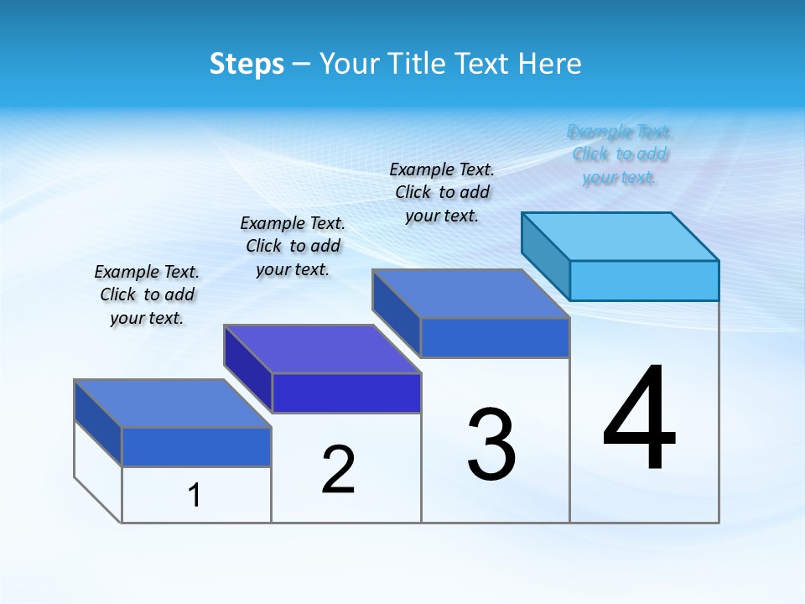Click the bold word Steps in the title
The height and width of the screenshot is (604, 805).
click(x=247, y=64)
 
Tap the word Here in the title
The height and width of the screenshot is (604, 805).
click(x=550, y=64)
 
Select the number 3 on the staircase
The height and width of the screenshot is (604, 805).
click(x=491, y=445)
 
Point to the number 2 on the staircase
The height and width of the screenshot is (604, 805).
click(x=338, y=470)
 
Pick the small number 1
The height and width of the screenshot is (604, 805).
click(x=195, y=496)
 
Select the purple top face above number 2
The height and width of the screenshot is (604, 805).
click(x=322, y=349)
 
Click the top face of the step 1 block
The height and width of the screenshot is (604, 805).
click(x=173, y=404)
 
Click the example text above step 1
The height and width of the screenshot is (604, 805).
click(x=147, y=294)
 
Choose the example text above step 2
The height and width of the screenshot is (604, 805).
click(x=293, y=246)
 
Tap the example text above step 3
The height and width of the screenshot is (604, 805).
click(x=442, y=192)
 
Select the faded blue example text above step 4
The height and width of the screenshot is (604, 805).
click(x=620, y=154)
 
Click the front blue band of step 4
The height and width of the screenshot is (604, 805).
click(x=644, y=280)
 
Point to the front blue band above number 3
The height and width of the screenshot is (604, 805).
click(x=495, y=337)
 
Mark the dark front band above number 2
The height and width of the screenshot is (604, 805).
click(x=346, y=393)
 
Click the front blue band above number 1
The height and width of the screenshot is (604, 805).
click(x=196, y=446)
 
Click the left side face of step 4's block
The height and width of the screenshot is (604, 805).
click(x=546, y=252)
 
